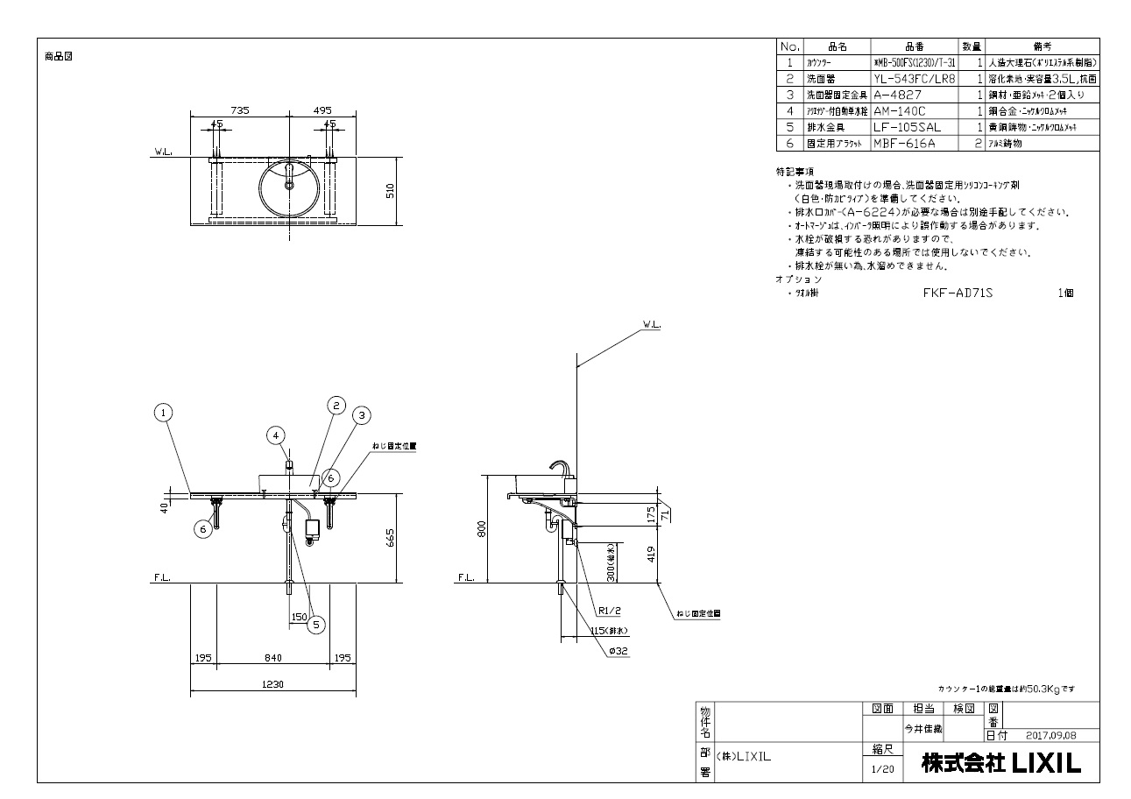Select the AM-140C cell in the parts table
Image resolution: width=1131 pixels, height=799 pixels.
pyautogui.click(x=900, y=111)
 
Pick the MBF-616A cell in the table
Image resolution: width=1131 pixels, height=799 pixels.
pyautogui.click(x=902, y=143)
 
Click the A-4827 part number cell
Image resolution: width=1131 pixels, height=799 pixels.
pyautogui.click(x=894, y=95)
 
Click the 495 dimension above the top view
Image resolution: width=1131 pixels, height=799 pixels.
pyautogui.click(x=322, y=110)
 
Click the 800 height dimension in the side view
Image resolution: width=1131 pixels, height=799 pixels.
pyautogui.click(x=480, y=529)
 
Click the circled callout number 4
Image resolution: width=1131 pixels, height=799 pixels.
pyautogui.click(x=276, y=435)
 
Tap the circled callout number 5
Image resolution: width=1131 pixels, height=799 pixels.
pyautogui.click(x=316, y=625)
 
